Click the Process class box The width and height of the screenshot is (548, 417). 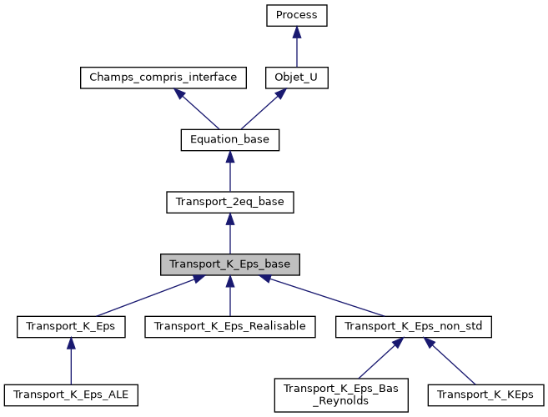[x=297, y=15]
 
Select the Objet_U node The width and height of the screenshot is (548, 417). [x=297, y=78]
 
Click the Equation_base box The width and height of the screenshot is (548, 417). [x=229, y=139]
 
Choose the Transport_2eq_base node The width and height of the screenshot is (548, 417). [x=229, y=202]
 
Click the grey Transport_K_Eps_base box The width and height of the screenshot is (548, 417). [x=229, y=264]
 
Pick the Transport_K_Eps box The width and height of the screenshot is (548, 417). [x=71, y=327]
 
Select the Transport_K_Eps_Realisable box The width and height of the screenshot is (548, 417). [x=229, y=327]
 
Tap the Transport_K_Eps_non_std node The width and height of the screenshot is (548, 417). [x=414, y=327]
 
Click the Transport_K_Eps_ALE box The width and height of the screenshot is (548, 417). [x=71, y=392]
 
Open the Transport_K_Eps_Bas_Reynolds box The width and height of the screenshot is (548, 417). [x=341, y=394]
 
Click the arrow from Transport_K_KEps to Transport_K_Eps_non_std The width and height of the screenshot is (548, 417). [x=450, y=359]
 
